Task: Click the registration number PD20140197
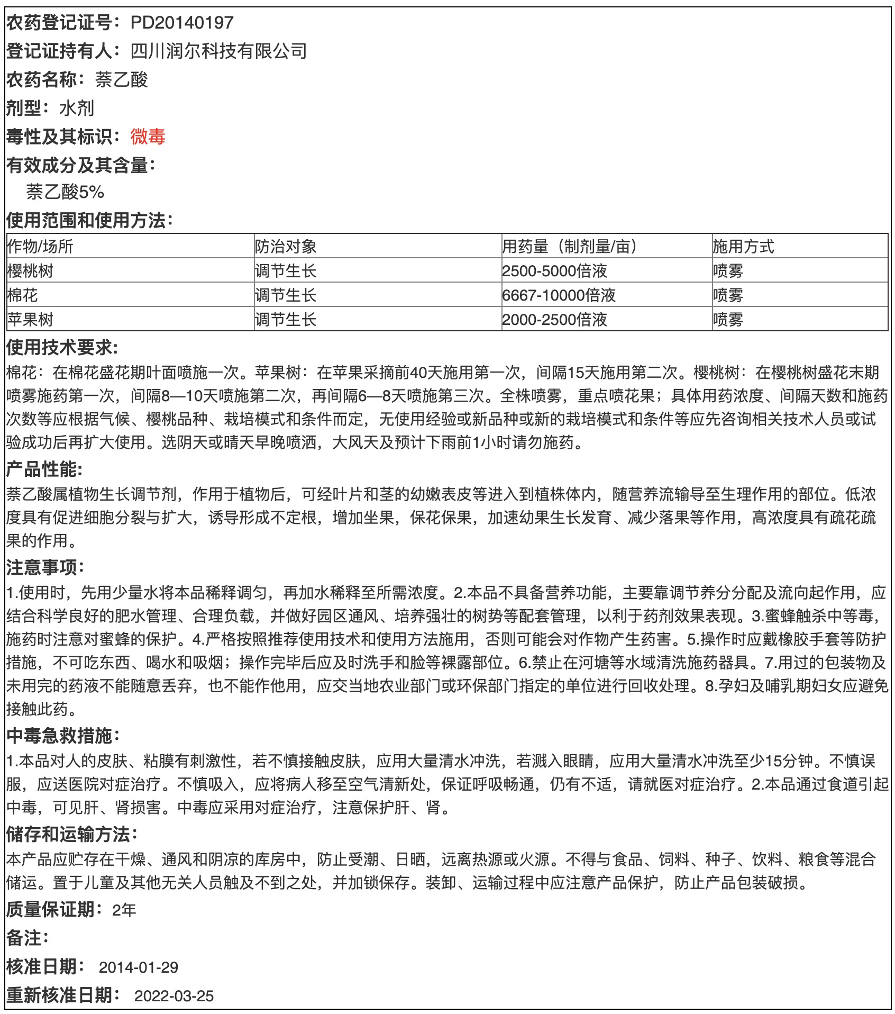click(x=181, y=23)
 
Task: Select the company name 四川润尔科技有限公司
click(x=218, y=51)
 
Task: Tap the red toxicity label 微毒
click(x=148, y=137)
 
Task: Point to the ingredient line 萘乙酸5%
click(x=65, y=192)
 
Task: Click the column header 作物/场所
click(x=40, y=247)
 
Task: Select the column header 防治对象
click(x=285, y=247)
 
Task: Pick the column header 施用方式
click(x=743, y=247)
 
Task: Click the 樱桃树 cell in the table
click(x=30, y=271)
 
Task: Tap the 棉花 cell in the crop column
click(x=23, y=295)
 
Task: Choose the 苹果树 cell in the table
click(x=30, y=320)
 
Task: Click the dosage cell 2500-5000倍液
click(x=554, y=271)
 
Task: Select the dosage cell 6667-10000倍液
click(x=559, y=295)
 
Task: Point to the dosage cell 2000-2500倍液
click(x=554, y=320)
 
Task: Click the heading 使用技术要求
click(x=61, y=348)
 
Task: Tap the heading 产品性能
click(x=44, y=469)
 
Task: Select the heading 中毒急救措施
click(x=62, y=736)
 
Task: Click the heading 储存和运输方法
click(x=71, y=834)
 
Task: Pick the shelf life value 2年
click(x=124, y=910)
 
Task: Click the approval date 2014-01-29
click(x=138, y=967)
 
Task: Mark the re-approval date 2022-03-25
click(x=174, y=996)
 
